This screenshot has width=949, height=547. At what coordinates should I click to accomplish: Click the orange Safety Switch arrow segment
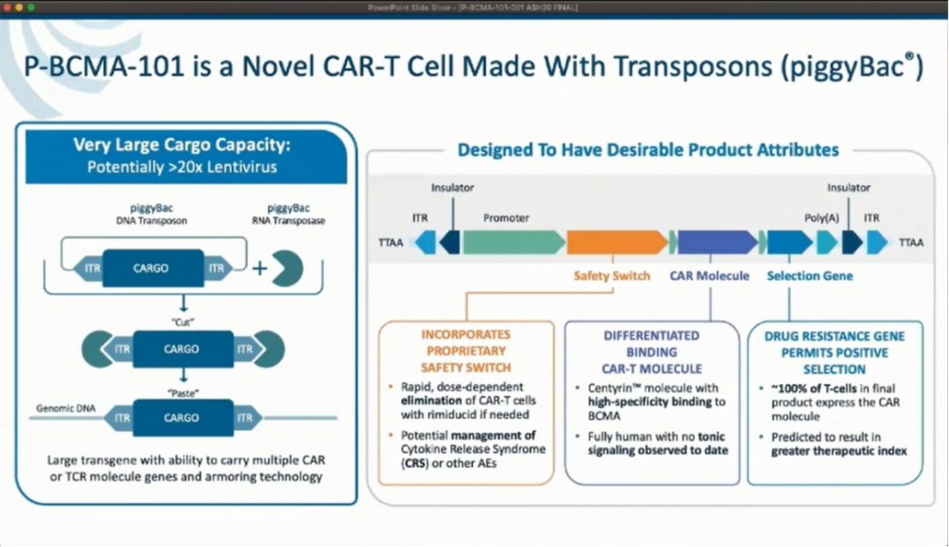click(x=616, y=242)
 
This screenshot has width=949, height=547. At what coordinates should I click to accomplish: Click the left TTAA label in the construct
click(x=391, y=243)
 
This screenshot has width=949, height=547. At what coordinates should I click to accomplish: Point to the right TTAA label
click(x=911, y=243)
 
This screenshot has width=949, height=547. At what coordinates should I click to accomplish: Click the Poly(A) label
click(x=822, y=218)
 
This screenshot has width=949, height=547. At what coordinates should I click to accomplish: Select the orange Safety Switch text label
click(x=612, y=276)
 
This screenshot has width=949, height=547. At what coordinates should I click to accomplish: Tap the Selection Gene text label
click(x=809, y=276)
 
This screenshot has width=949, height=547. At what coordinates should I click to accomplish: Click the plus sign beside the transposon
click(x=259, y=268)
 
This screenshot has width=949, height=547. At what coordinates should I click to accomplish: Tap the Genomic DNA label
click(x=67, y=408)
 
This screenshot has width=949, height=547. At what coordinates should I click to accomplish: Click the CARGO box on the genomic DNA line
click(x=182, y=418)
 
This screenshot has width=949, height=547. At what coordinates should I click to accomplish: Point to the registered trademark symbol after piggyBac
click(x=912, y=58)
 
